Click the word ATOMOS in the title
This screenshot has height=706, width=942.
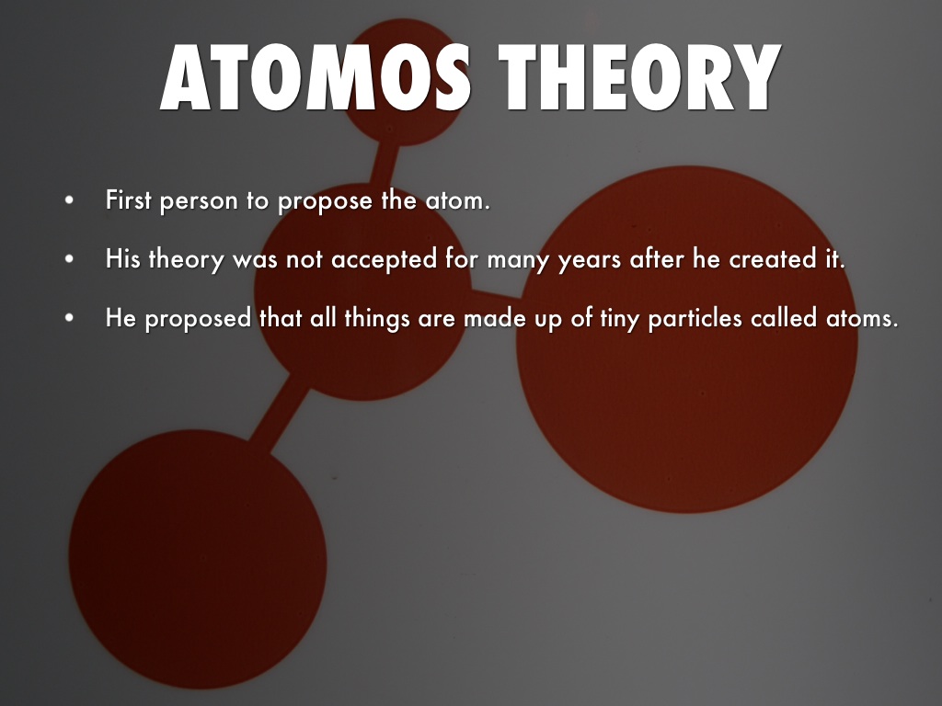(x=316, y=77)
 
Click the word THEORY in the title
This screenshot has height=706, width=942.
(x=640, y=77)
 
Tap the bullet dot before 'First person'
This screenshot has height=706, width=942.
(x=70, y=200)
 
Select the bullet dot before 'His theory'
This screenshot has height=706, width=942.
(x=70, y=259)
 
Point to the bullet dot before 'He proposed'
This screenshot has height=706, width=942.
(x=70, y=317)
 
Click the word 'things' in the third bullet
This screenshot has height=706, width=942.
(x=376, y=318)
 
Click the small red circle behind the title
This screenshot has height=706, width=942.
(x=404, y=82)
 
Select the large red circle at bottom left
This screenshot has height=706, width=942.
(x=198, y=559)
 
